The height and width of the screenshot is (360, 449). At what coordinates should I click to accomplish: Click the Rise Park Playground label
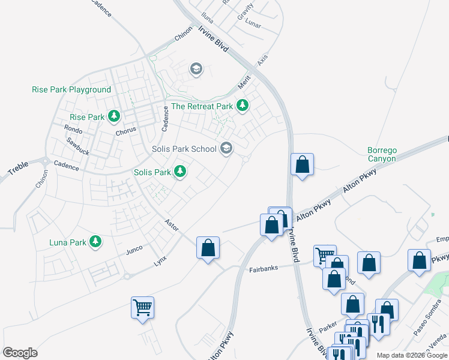tap(72, 89)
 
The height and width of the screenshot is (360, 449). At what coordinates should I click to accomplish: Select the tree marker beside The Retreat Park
tap(242, 106)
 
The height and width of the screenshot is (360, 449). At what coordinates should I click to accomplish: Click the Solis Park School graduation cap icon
tap(226, 148)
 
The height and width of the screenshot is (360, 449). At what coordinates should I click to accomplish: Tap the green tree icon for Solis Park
tap(179, 172)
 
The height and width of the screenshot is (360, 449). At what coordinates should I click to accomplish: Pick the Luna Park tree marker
tap(95, 242)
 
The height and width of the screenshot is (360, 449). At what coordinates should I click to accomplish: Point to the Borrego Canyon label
tap(382, 154)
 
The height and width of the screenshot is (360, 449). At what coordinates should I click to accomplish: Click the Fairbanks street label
tap(264, 268)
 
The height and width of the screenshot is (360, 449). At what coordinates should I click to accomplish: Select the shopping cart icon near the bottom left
tap(142, 308)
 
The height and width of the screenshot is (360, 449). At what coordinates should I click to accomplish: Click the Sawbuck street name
tap(78, 147)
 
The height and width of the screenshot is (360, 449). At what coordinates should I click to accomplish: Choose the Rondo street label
tap(73, 129)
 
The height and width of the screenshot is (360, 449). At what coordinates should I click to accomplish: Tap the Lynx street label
tap(160, 261)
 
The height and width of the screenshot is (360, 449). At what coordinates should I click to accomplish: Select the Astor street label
tap(172, 226)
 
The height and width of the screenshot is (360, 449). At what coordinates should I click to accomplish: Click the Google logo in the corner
tap(20, 353)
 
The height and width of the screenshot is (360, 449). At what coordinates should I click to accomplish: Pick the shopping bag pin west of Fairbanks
tap(208, 248)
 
